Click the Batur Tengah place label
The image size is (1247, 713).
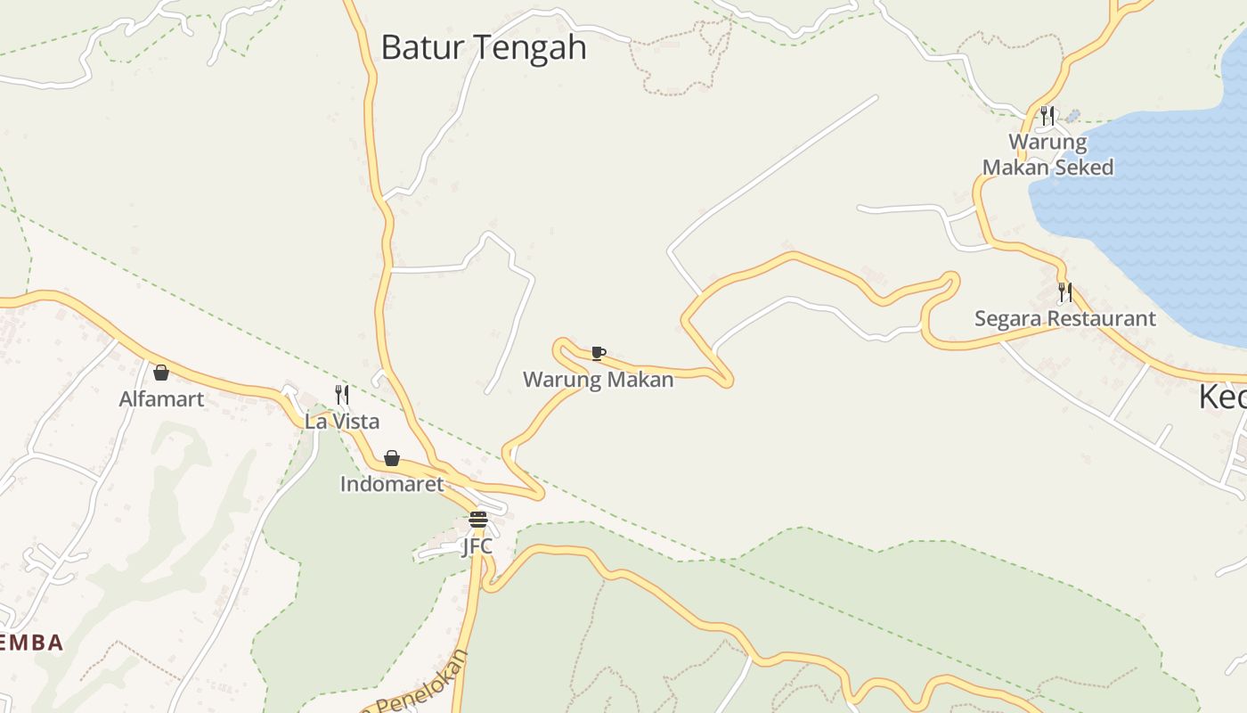(x=484, y=47)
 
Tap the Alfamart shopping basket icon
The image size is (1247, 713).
(x=161, y=373)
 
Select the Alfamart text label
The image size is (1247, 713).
(x=161, y=399)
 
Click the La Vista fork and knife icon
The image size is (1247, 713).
(x=342, y=394)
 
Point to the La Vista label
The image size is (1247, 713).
(x=342, y=421)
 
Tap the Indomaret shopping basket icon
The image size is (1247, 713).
(x=392, y=458)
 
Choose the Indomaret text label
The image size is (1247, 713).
(x=392, y=484)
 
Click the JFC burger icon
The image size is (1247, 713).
(x=478, y=520)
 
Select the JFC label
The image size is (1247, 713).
(x=477, y=545)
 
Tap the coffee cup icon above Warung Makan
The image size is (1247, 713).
(x=599, y=354)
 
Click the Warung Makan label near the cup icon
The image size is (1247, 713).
(x=598, y=380)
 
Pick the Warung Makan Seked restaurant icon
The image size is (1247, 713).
(x=1047, y=115)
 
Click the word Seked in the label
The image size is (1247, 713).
(x=1082, y=168)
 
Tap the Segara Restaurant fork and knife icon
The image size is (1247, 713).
(x=1064, y=291)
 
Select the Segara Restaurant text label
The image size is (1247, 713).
(x=1064, y=318)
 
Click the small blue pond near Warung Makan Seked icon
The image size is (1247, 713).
(x=1073, y=116)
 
